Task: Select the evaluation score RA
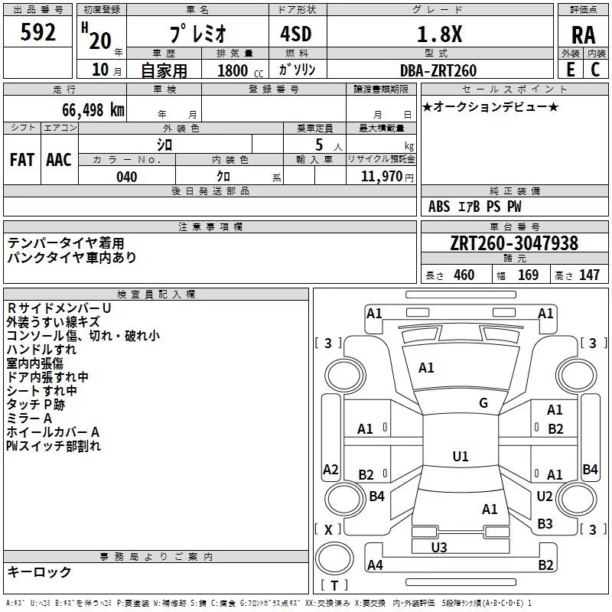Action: (x=583, y=34)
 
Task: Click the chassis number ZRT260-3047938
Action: (x=514, y=244)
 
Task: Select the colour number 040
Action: (x=127, y=177)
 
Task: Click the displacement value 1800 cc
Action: (x=235, y=70)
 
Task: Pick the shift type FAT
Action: (x=22, y=160)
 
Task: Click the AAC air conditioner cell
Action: (x=59, y=160)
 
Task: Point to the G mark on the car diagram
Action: (x=483, y=403)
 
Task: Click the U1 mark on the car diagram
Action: (x=460, y=456)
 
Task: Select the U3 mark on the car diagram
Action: (x=439, y=546)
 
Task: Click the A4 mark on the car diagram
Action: (x=375, y=565)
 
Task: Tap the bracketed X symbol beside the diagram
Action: (x=329, y=529)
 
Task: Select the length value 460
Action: (x=464, y=275)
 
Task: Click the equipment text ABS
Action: (x=439, y=207)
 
